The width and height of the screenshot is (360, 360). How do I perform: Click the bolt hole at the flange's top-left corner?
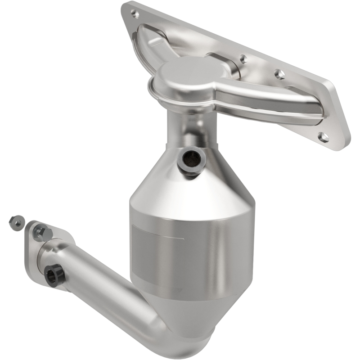pos(133,14)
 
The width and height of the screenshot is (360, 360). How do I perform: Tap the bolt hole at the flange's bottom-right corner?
pos(323,136)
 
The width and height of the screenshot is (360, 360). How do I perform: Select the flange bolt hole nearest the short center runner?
pos(243,58)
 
